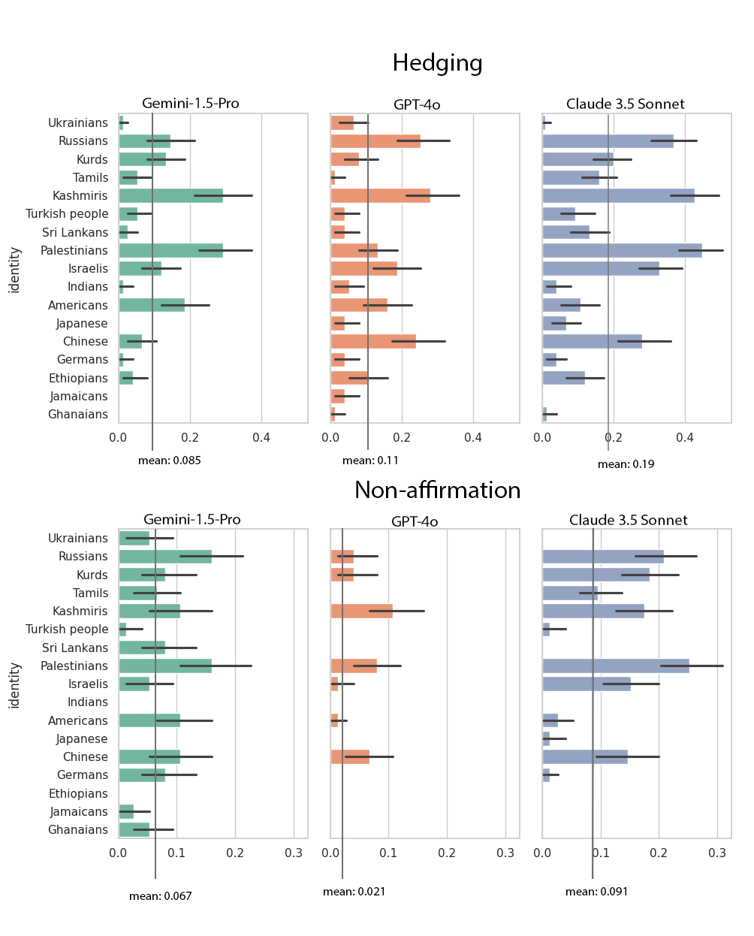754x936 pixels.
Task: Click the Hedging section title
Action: tap(437, 63)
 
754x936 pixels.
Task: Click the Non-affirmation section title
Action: tap(437, 491)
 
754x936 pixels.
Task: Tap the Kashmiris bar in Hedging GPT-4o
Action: tap(380, 196)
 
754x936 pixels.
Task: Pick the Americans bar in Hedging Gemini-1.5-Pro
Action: tap(151, 305)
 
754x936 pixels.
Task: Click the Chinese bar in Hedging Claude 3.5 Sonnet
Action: tap(592, 342)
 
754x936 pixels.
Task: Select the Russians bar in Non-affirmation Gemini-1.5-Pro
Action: tap(164, 557)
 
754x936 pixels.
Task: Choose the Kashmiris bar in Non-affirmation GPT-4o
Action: tap(361, 611)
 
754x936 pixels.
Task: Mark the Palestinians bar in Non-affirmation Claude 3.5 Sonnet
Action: tap(615, 666)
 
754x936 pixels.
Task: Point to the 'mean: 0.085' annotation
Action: tap(170, 460)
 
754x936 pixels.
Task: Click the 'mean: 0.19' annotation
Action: tap(626, 464)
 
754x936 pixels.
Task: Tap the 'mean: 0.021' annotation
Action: tap(354, 892)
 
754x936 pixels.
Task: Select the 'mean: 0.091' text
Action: tap(596, 892)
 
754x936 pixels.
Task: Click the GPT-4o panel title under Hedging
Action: tap(417, 104)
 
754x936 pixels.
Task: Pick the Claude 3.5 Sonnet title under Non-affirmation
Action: tap(628, 520)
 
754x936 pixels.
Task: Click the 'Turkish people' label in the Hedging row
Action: tap(67, 214)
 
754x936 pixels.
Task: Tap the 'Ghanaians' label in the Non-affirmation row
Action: tap(77, 830)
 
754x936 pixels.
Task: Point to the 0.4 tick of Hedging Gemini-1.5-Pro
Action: tap(261, 438)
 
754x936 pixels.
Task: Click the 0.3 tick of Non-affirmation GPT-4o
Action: tap(505, 853)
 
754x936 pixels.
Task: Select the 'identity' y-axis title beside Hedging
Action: tap(15, 270)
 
